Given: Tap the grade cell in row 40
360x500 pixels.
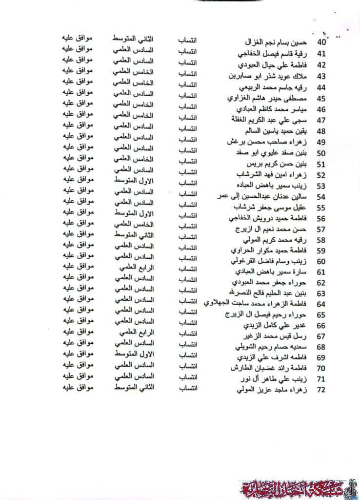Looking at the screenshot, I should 133,38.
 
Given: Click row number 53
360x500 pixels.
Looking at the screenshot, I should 321,186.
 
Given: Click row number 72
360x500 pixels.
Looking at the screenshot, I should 321,390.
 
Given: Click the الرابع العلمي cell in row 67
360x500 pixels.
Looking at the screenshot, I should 137,332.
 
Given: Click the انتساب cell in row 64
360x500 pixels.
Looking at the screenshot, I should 187,301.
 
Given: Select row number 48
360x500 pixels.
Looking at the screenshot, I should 321,131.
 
